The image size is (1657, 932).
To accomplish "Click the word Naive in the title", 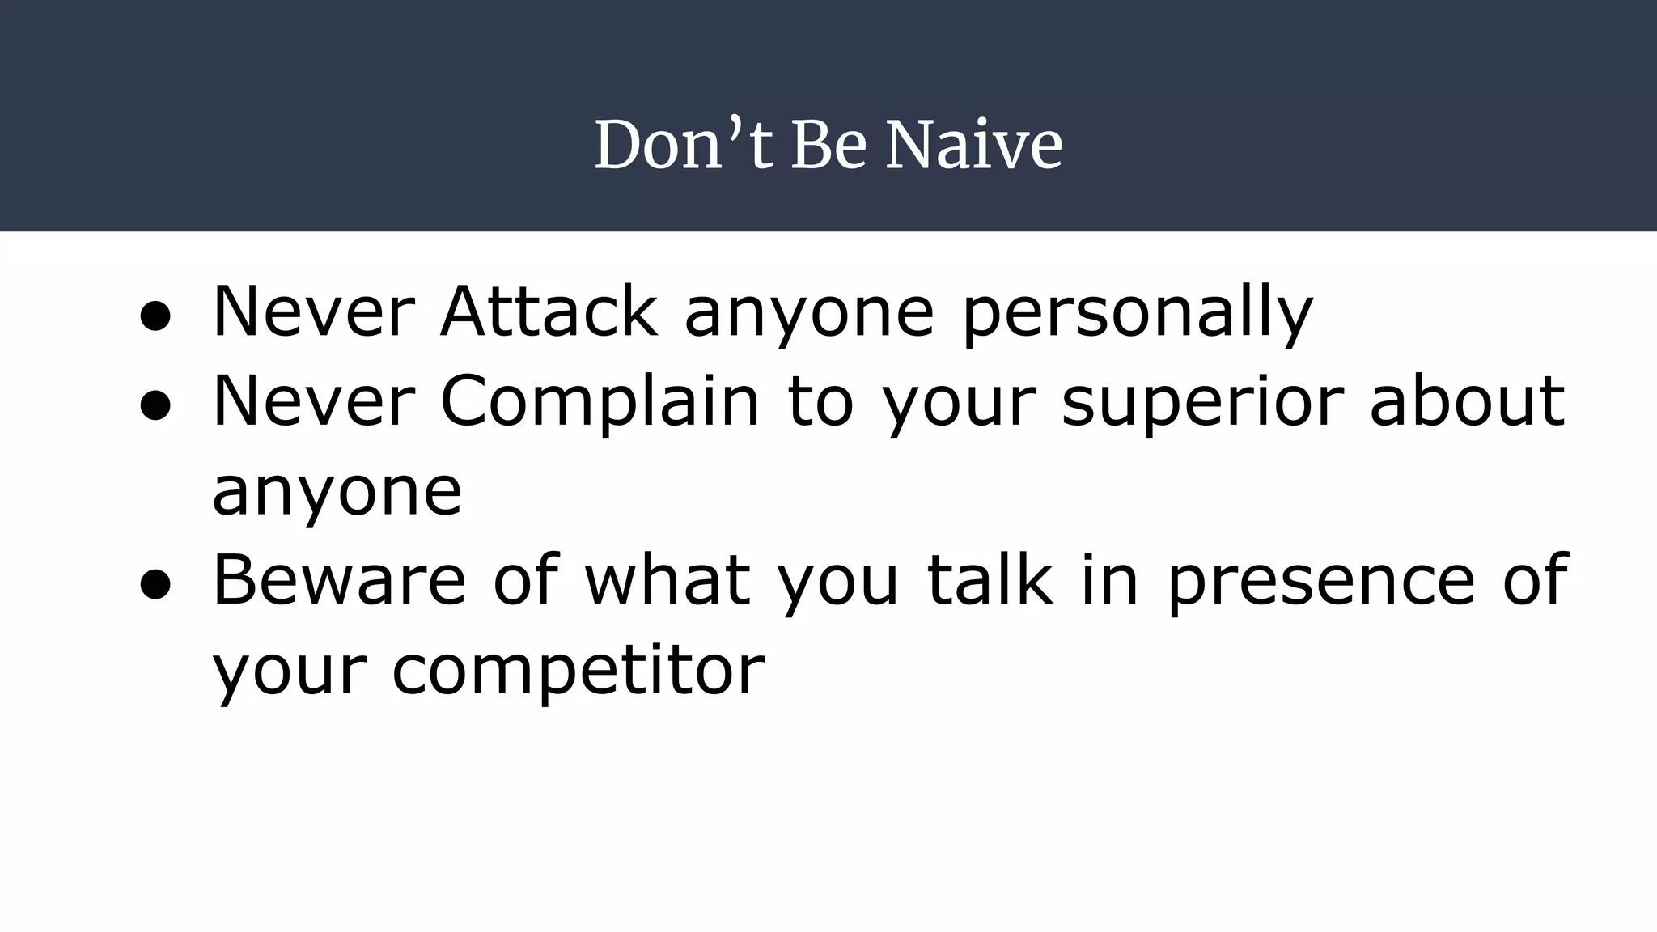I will coord(973,145).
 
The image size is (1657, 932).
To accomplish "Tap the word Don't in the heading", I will coord(684,145).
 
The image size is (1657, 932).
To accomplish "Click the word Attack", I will coord(549,312).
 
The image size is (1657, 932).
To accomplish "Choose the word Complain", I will coord(600,403).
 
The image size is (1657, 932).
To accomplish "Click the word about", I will coord(1467,401).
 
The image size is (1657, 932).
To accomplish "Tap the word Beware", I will coord(339,580).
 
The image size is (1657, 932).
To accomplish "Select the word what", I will coord(667,580).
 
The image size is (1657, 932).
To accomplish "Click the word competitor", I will coord(578,671).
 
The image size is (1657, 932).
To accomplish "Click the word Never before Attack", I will coord(314,312).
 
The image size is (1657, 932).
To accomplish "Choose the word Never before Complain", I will coord(314,401).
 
